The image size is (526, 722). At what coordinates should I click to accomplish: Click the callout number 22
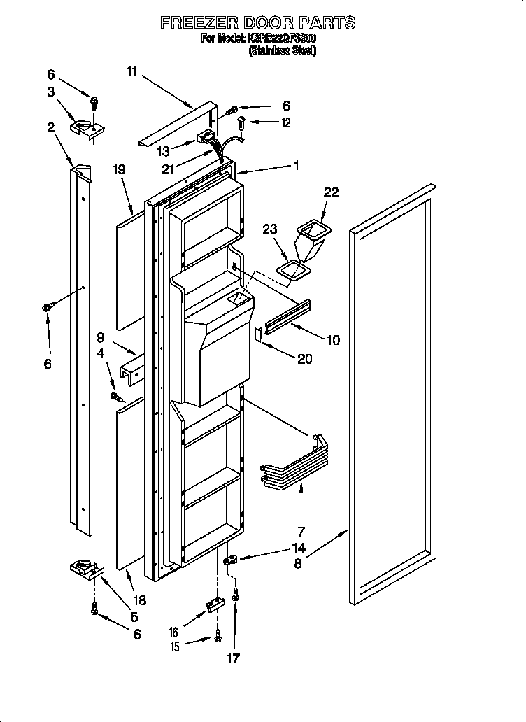click(331, 192)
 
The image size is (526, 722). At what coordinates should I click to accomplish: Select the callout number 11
click(133, 70)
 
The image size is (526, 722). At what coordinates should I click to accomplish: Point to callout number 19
click(119, 169)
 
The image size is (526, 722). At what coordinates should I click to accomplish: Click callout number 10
click(333, 340)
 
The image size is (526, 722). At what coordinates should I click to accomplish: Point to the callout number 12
click(285, 123)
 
